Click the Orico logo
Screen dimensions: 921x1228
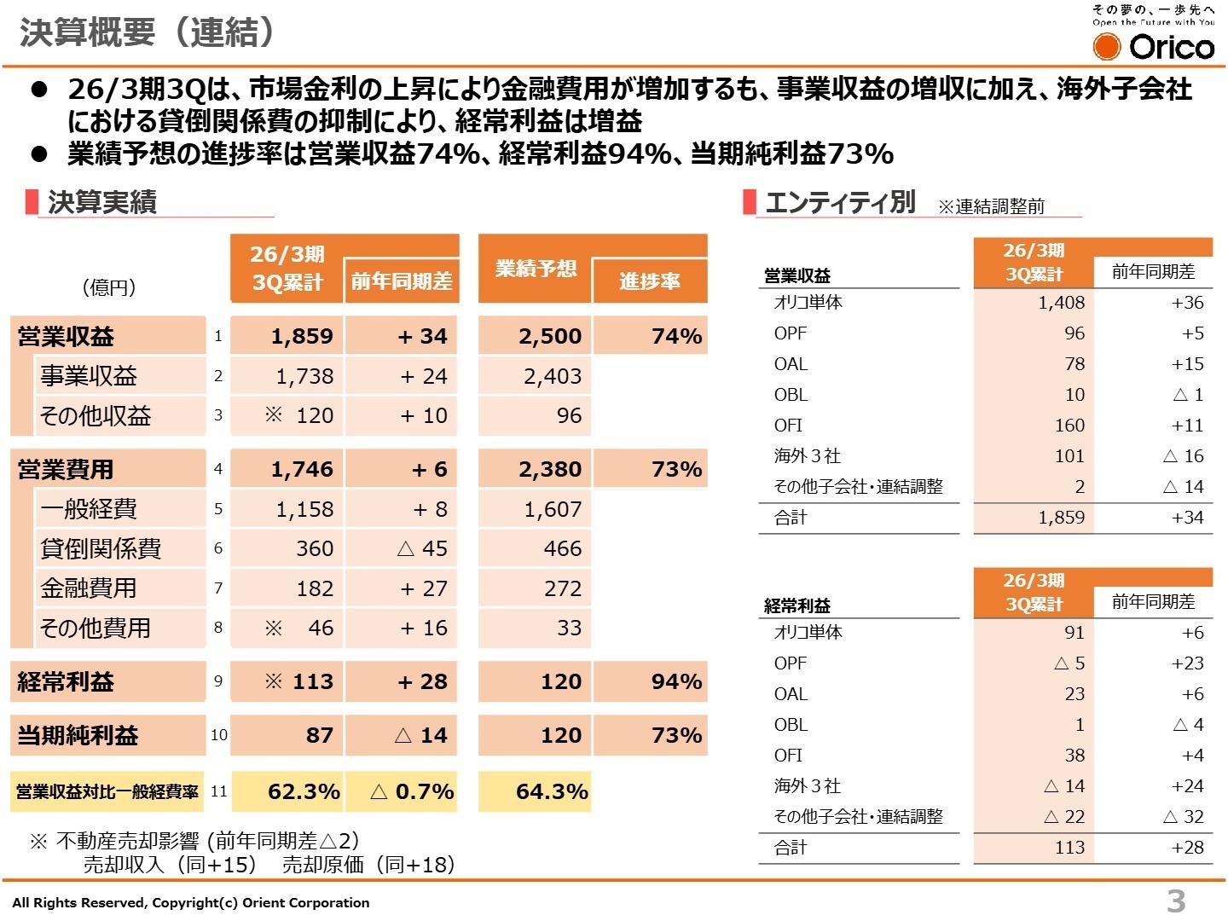click(1154, 45)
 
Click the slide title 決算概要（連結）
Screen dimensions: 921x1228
click(148, 32)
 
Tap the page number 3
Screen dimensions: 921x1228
click(1176, 900)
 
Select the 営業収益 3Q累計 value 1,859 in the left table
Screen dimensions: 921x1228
click(302, 336)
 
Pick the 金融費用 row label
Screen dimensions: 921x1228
click(88, 588)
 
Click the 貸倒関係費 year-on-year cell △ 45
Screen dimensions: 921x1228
click(422, 548)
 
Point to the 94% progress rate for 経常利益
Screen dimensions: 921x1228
click(675, 681)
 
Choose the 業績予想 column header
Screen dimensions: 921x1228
click(535, 269)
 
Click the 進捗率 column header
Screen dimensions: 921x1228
click(649, 281)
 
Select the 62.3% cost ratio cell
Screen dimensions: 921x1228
click(303, 791)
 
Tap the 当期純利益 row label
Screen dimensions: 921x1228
click(78, 735)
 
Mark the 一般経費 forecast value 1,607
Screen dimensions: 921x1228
click(553, 509)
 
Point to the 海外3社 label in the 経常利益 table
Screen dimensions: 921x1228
click(807, 786)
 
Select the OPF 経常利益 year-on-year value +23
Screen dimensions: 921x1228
click(1187, 663)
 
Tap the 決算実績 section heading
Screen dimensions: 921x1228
click(102, 202)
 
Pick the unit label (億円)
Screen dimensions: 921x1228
click(109, 287)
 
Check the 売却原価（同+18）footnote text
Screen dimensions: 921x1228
click(368, 865)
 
